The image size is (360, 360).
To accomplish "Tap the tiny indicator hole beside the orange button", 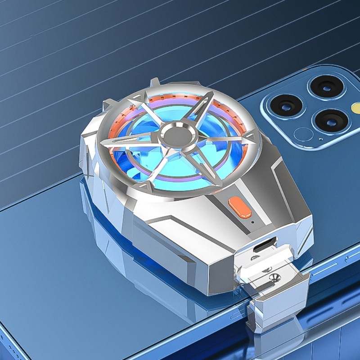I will [x=252, y=221].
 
